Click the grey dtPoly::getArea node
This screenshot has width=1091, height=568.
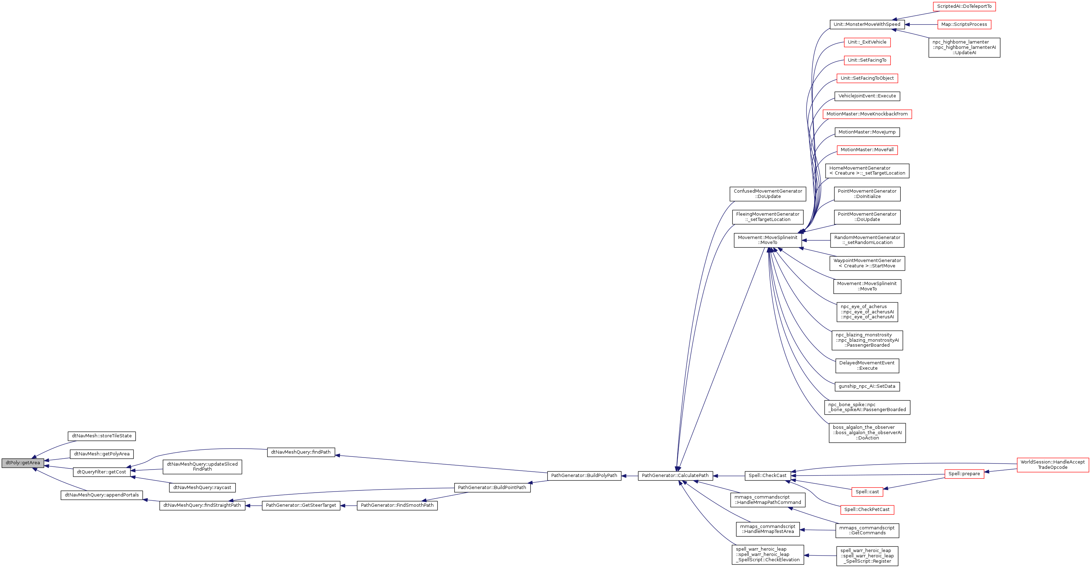(22, 462)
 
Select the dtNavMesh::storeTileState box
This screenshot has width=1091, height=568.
(102, 436)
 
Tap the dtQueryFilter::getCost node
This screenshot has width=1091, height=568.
(102, 472)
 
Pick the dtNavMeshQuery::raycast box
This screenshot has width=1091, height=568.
(202, 488)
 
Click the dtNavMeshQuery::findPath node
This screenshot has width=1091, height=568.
(301, 452)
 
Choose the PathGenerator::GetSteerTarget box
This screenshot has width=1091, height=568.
(301, 505)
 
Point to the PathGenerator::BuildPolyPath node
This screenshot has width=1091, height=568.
(584, 476)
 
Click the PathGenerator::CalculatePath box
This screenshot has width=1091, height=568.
(675, 476)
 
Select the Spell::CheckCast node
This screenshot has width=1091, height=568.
(767, 476)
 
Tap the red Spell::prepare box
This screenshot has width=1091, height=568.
(964, 473)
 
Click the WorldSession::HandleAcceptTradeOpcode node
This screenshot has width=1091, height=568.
(1052, 465)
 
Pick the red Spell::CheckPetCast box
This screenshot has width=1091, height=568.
(867, 510)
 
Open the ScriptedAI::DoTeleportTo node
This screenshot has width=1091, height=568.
(963, 6)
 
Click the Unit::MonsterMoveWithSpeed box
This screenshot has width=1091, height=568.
(867, 24)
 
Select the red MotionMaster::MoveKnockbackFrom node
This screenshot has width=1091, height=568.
(867, 114)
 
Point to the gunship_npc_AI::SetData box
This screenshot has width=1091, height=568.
(867, 386)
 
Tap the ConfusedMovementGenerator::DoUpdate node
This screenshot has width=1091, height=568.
(768, 194)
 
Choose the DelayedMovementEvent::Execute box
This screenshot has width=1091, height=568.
(867, 366)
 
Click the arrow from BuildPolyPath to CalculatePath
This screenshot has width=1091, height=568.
(630, 476)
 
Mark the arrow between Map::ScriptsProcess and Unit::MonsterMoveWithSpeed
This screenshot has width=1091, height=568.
(921, 24)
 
